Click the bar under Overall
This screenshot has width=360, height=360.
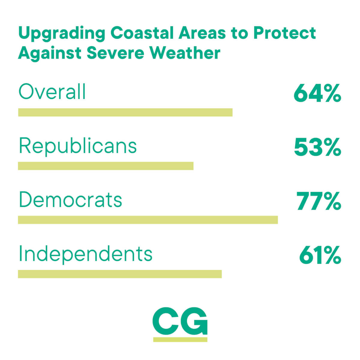[125, 112]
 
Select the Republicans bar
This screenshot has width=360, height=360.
[106, 166]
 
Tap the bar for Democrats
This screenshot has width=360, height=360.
[148, 220]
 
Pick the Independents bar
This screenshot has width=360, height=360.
[120, 274]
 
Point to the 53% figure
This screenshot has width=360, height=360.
[317, 147]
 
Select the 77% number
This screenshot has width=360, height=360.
[319, 201]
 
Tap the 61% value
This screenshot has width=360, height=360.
[320, 255]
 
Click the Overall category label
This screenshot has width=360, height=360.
[52, 91]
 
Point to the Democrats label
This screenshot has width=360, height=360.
[70, 199]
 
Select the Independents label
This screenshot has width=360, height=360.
[86, 255]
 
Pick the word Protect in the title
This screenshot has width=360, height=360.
[284, 33]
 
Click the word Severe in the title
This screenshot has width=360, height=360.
[115, 53]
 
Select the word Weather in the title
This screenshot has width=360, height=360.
[186, 53]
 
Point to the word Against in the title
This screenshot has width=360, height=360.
[49, 54]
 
